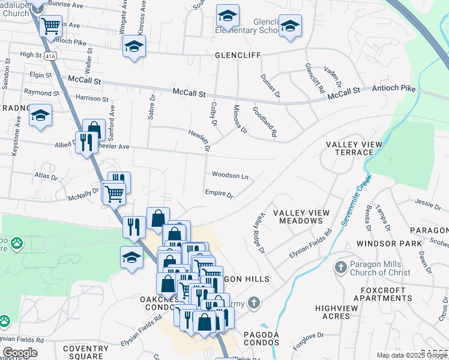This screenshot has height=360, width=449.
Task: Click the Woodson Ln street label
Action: (x=229, y=176)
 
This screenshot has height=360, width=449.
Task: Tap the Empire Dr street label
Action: (x=218, y=193)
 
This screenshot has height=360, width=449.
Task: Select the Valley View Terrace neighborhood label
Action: (x=349, y=149)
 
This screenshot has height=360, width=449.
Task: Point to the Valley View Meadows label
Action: (x=298, y=217)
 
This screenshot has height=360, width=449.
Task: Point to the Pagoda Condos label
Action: (x=261, y=338)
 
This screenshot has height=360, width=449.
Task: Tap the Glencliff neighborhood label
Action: (x=238, y=55)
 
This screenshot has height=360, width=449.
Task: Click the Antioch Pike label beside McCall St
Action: (x=394, y=89)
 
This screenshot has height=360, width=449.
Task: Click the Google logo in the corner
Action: (x=20, y=353)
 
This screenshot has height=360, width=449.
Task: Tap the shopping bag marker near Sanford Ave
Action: (x=94, y=128)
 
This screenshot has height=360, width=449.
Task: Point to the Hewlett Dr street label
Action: (x=200, y=140)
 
